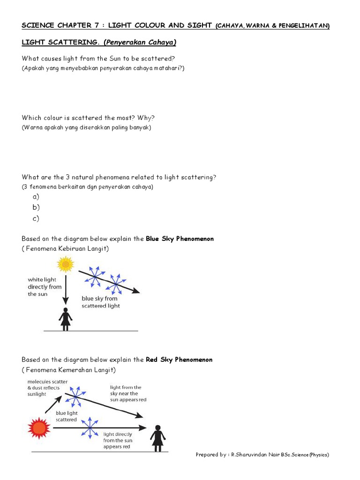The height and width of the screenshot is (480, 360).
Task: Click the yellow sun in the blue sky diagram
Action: (x=66, y=265)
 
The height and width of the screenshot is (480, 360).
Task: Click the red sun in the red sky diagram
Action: (x=38, y=428)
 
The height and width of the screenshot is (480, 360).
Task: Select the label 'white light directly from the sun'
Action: (x=45, y=287)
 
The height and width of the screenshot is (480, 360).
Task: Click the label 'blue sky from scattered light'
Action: (x=100, y=302)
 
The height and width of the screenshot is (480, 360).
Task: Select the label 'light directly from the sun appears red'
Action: (x=118, y=441)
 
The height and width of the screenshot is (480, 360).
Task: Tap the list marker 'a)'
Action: (x=36, y=196)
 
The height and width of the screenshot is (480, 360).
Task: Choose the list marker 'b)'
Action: (x=36, y=207)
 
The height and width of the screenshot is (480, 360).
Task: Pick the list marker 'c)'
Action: (x=36, y=218)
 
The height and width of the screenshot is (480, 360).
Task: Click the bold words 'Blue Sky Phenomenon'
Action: (x=180, y=239)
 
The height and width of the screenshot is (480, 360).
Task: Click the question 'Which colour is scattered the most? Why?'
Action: (x=88, y=118)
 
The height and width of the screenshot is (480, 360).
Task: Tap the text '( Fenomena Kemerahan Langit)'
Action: (x=68, y=370)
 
